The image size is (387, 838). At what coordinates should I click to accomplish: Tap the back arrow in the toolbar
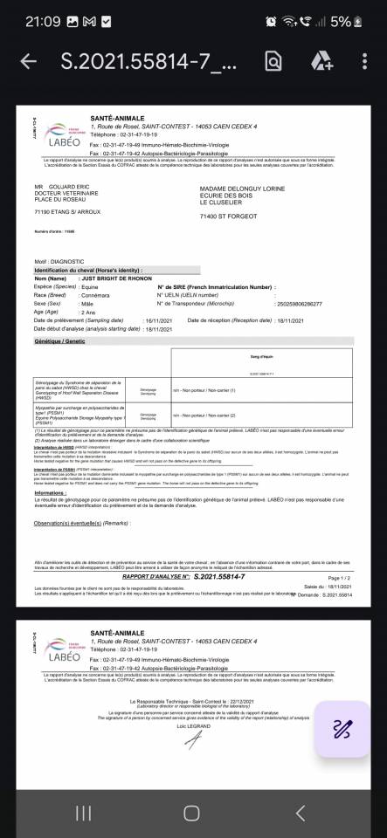pyautogui.click(x=28, y=61)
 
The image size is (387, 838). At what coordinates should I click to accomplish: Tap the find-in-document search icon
pyautogui.click(x=273, y=61)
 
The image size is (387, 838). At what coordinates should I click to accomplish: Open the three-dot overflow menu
pyautogui.click(x=364, y=61)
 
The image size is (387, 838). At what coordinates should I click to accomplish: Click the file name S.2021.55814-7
pyautogui.click(x=148, y=61)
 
